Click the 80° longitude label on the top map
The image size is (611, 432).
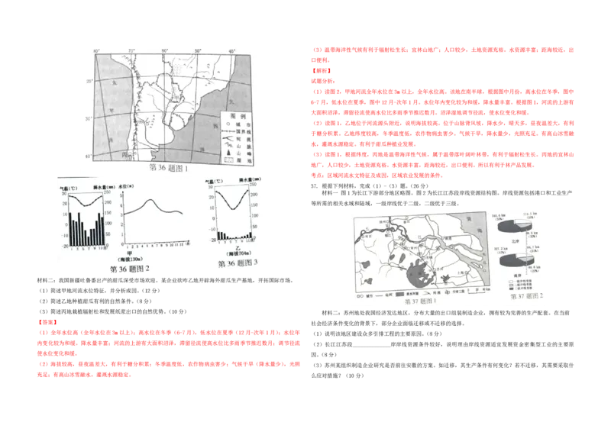tap(98, 52)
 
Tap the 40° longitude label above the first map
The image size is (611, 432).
tap(232, 52)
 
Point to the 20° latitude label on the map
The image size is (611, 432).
tap(89, 80)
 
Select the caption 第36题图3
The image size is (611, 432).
tap(239, 263)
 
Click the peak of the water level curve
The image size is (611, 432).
tap(153, 201)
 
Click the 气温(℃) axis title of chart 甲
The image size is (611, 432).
tap(69, 185)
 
